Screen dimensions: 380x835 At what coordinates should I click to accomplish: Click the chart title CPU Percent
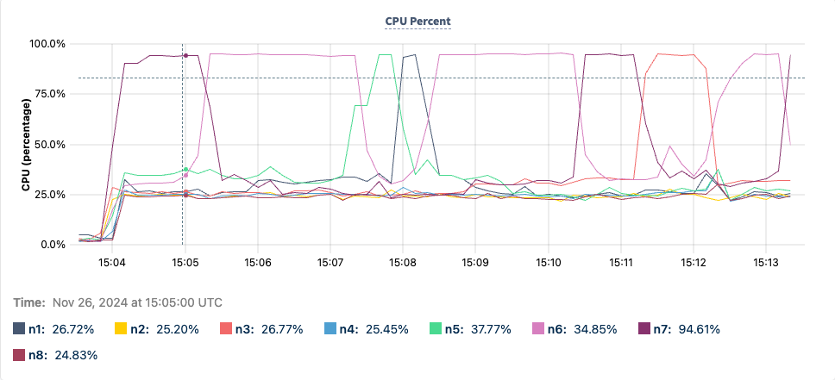[417, 21]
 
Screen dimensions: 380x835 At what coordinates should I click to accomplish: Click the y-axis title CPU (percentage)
[27, 145]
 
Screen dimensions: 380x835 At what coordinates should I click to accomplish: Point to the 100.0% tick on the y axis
[48, 44]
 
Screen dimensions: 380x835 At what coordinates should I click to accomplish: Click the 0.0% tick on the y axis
[53, 246]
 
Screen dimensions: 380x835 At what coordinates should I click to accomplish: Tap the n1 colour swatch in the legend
[20, 328]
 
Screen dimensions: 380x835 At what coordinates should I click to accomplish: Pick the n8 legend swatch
[20, 354]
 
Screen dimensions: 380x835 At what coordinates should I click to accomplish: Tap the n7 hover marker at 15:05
[185, 56]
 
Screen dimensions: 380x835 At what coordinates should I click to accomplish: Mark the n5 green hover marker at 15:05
[185, 170]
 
